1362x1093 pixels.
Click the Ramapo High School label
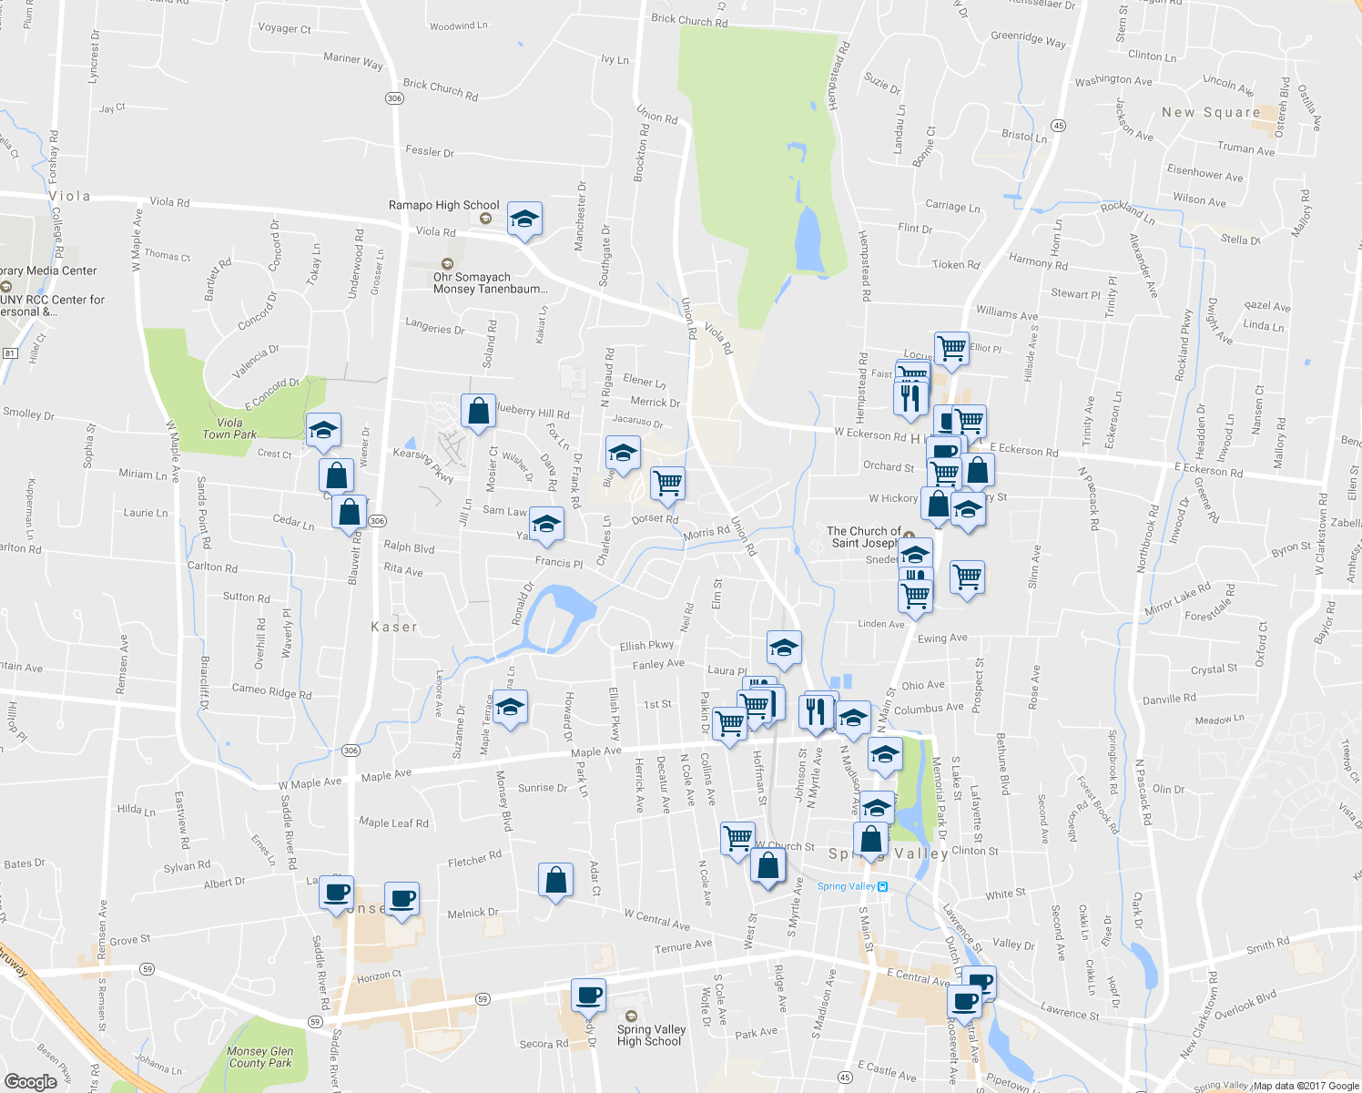pos(443,205)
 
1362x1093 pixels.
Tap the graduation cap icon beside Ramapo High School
pos(524,220)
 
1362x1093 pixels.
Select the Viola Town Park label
pos(229,428)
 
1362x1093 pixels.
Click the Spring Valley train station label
pos(846,886)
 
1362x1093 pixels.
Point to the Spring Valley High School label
pos(650,1035)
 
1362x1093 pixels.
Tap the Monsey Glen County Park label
pos(260,1057)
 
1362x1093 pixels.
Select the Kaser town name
pos(394,627)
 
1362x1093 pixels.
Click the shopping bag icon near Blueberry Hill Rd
pos(478,413)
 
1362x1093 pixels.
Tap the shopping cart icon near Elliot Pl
pos(951,348)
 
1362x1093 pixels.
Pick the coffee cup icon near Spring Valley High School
pos(588,996)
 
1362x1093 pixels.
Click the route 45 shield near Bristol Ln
pos(1057,125)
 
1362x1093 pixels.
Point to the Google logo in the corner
pos(30,1081)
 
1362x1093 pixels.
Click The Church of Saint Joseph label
pos(865,536)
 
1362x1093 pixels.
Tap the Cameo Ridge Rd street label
pos(271,691)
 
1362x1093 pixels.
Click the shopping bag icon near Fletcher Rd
pos(555,881)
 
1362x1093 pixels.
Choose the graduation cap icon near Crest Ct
pos(322,431)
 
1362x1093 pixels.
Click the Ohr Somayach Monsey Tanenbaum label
pos(490,282)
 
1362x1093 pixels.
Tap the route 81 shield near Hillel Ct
pos(10,352)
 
